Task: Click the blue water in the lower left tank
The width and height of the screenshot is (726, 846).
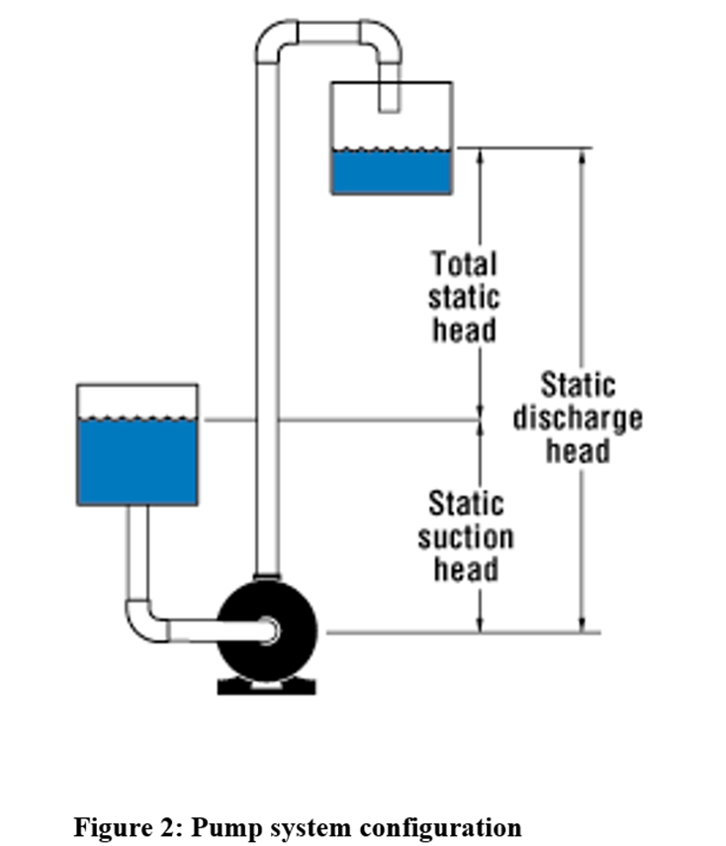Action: (x=137, y=461)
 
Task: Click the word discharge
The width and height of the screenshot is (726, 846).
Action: (x=578, y=419)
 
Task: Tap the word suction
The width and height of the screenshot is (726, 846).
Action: (x=466, y=537)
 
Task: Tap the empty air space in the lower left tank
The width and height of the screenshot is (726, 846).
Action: (x=137, y=400)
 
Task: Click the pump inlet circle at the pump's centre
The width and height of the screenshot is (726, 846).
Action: (x=269, y=628)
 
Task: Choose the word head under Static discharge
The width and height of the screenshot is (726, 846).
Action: (x=578, y=451)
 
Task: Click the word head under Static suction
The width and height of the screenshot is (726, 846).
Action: (x=466, y=570)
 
